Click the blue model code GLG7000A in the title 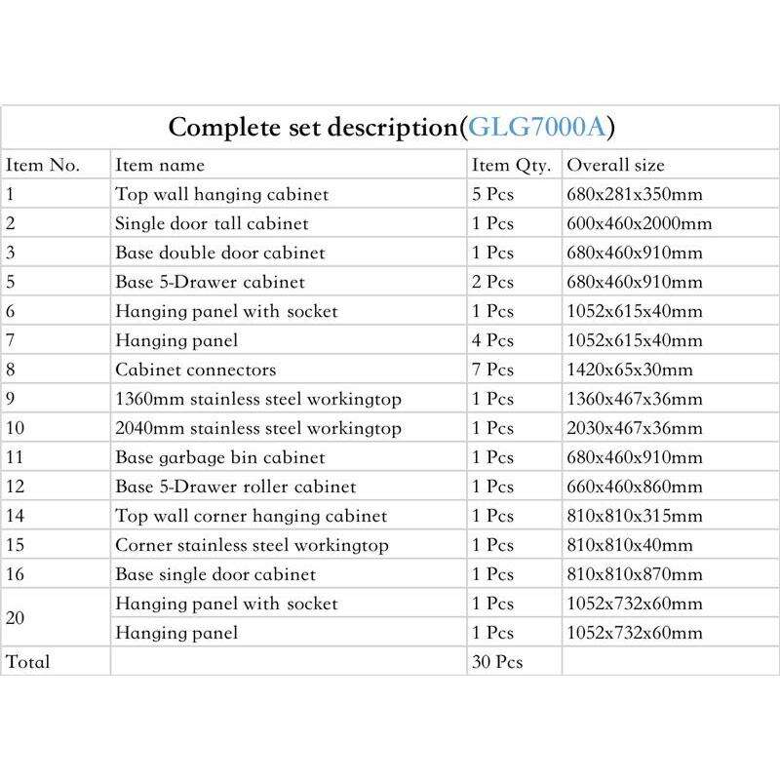[x=541, y=128]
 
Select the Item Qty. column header [x=511, y=165]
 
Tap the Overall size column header [x=615, y=165]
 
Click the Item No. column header [x=43, y=165]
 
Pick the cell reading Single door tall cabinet [x=212, y=223]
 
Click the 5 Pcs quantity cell [x=492, y=194]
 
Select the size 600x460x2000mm [x=639, y=223]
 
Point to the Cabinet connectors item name [x=195, y=370]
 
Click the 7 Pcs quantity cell [x=492, y=370]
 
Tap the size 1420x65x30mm [x=630, y=370]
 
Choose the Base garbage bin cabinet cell [x=219, y=457]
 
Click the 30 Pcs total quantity [x=497, y=662]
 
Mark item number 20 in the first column [x=17, y=618]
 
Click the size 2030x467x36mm [x=634, y=428]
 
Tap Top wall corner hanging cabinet [x=251, y=516]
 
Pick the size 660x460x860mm [x=634, y=487]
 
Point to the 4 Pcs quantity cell [x=492, y=340]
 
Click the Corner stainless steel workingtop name [x=252, y=545]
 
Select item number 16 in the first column [x=16, y=574]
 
